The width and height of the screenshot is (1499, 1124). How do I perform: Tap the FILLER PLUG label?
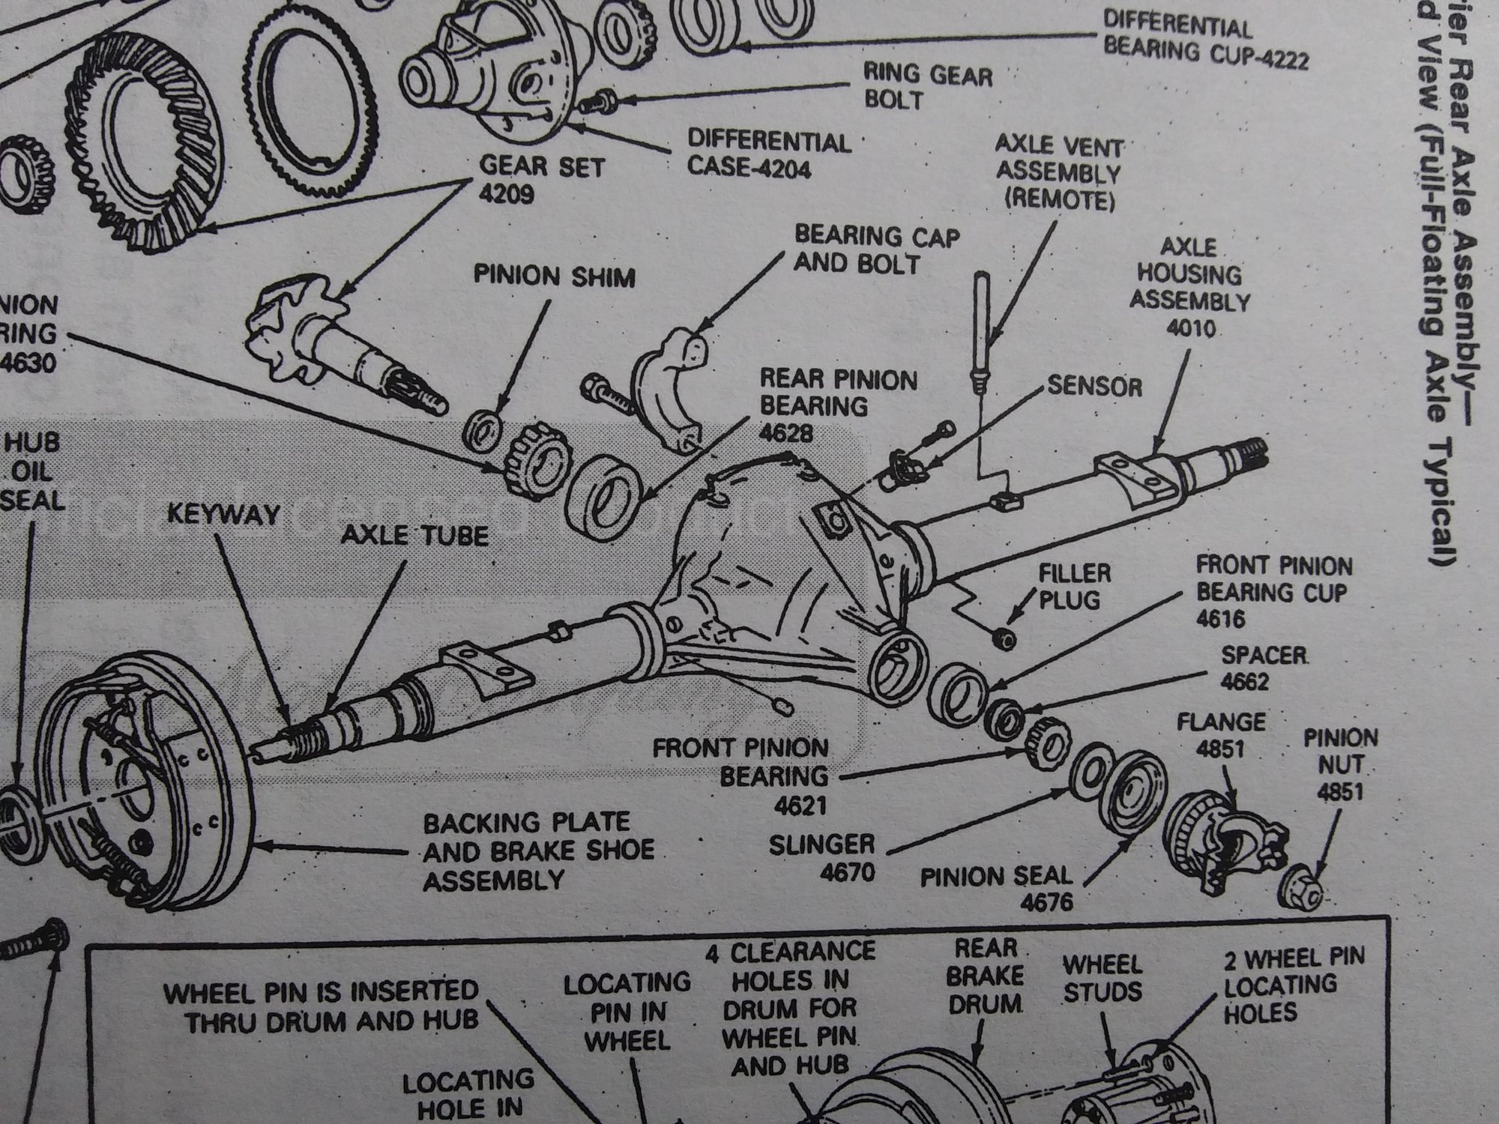pyautogui.click(x=1074, y=587)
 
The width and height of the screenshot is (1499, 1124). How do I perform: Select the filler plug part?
pyautogui.click(x=1003, y=638)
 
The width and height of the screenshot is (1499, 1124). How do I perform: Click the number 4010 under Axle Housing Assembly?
pyautogui.click(x=1190, y=328)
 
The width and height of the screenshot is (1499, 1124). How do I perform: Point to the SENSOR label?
pyautogui.click(x=1094, y=386)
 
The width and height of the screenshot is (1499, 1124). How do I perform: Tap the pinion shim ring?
pyautogui.click(x=485, y=433)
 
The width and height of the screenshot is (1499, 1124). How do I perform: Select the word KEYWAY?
pyautogui.click(x=223, y=515)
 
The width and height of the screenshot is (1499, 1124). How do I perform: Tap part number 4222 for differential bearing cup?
pyautogui.click(x=1279, y=58)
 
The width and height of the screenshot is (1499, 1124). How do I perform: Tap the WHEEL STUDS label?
pyautogui.click(x=1103, y=978)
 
